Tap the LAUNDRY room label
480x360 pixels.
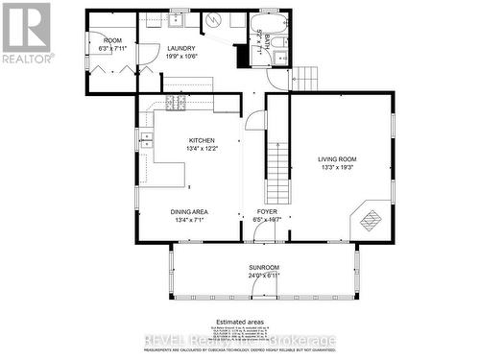(180, 48)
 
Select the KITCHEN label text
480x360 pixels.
(202, 140)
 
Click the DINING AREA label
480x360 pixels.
(190, 211)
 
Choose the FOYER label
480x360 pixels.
(267, 211)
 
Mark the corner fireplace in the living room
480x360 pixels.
(371, 220)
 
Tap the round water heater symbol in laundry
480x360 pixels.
(211, 20)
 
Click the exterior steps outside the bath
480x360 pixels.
(304, 78)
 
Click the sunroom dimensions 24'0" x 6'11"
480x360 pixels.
(263, 276)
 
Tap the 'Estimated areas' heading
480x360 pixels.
(240, 321)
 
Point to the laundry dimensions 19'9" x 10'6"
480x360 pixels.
(180, 57)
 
